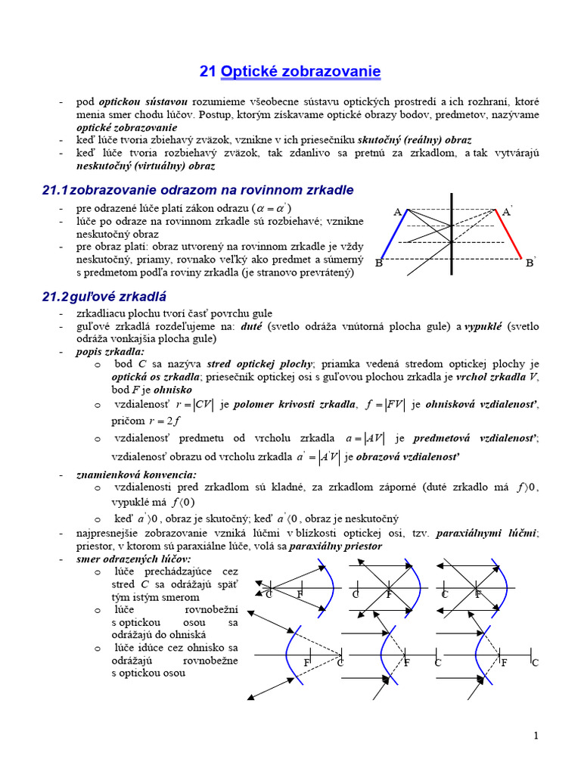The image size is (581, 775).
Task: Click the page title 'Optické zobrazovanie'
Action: pos(300,72)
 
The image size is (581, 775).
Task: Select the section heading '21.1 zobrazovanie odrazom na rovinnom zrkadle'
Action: pos(197,190)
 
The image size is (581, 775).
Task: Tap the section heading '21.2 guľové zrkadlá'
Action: pos(104,297)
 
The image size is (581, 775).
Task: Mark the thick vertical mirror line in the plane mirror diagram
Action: pos(452,235)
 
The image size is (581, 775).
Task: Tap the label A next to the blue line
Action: pos(397,213)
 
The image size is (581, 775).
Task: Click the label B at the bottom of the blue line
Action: pos(379,263)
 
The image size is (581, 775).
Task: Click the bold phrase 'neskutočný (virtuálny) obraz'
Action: pos(145,166)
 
